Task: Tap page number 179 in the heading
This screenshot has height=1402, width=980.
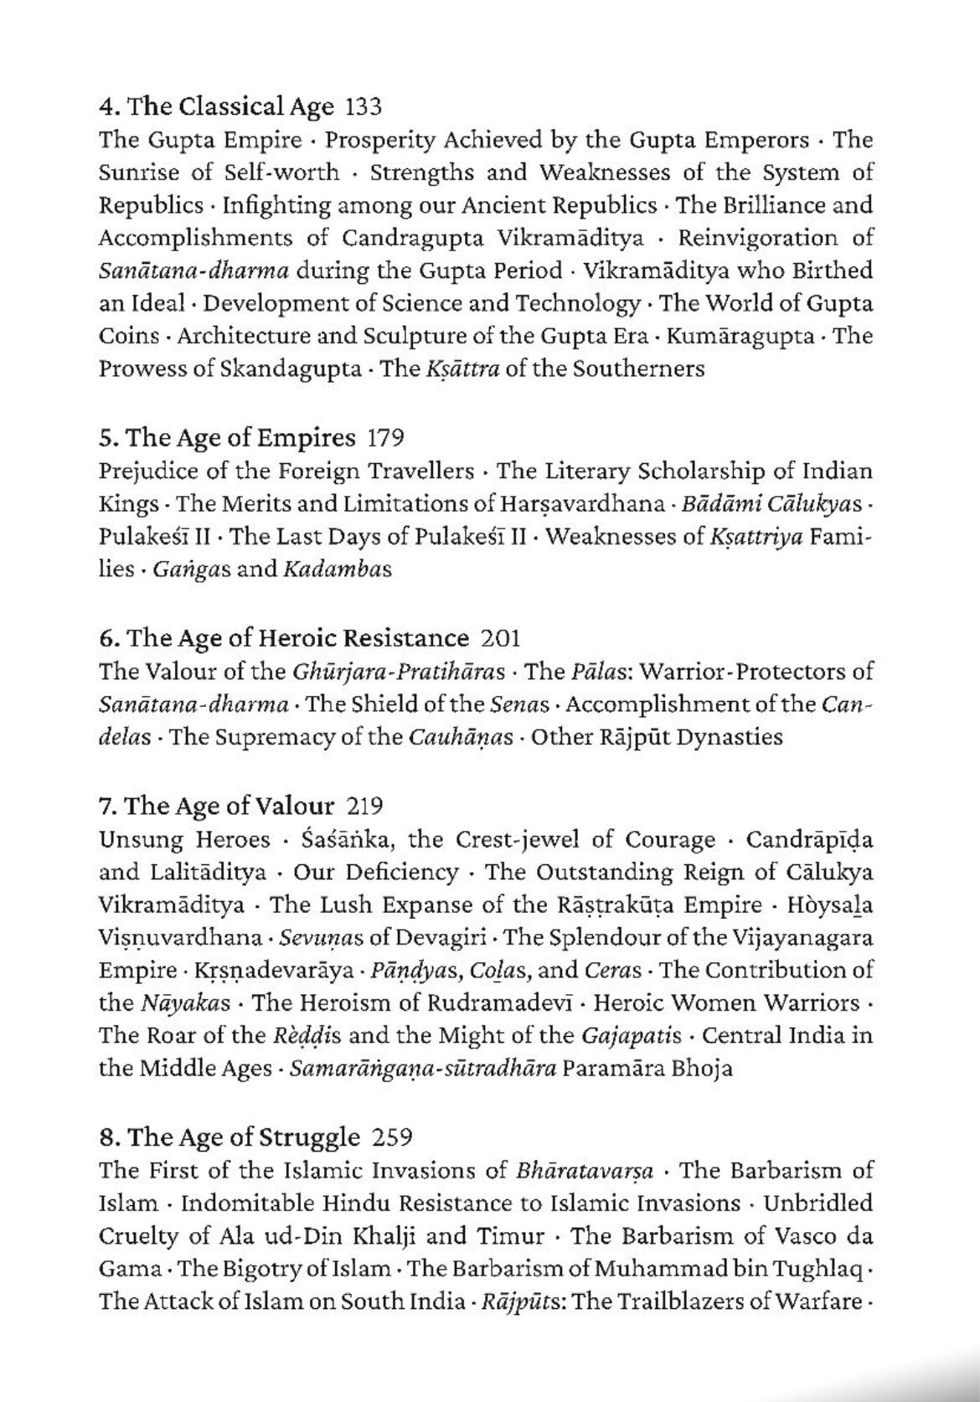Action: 386,438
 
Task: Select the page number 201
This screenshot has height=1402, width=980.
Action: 501,638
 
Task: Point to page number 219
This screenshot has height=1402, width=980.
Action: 364,806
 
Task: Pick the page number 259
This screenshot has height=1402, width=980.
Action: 392,1137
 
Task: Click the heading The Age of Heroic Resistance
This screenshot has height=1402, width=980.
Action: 284,638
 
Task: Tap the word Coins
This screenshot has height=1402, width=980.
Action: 128,336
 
